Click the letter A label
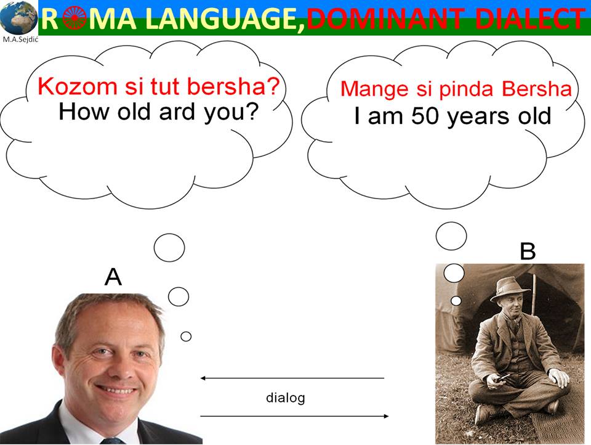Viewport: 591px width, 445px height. [113, 277]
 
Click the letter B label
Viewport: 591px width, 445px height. [528, 251]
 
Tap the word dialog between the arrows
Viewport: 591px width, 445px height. [285, 398]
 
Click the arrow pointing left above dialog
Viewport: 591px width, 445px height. [292, 378]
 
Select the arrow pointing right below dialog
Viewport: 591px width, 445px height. [295, 416]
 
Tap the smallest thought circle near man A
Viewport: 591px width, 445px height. [186, 337]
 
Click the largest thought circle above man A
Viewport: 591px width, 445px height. [169, 248]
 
